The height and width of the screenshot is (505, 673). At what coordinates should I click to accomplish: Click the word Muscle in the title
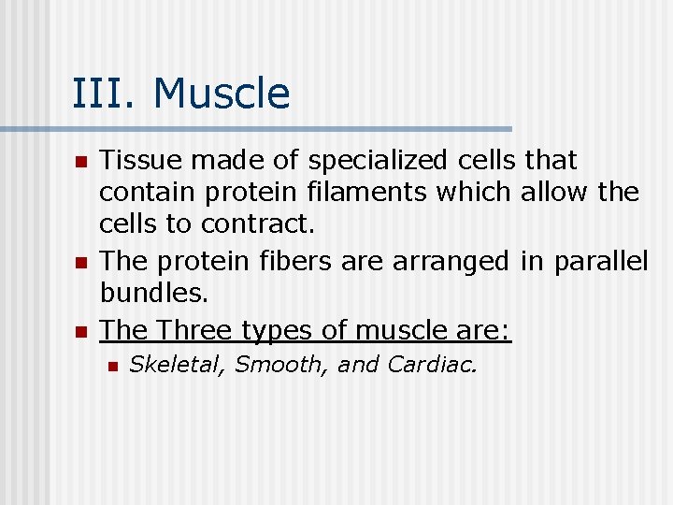(x=222, y=94)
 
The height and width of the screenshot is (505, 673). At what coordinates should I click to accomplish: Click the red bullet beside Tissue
(x=79, y=163)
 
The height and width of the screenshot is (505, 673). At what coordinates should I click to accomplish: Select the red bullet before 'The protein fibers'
(x=79, y=262)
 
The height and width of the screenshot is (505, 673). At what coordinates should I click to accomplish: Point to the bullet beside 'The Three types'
(x=79, y=332)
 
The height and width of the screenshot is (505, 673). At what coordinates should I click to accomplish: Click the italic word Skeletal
(x=178, y=365)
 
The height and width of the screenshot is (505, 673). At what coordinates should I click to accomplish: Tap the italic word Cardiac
(x=432, y=365)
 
